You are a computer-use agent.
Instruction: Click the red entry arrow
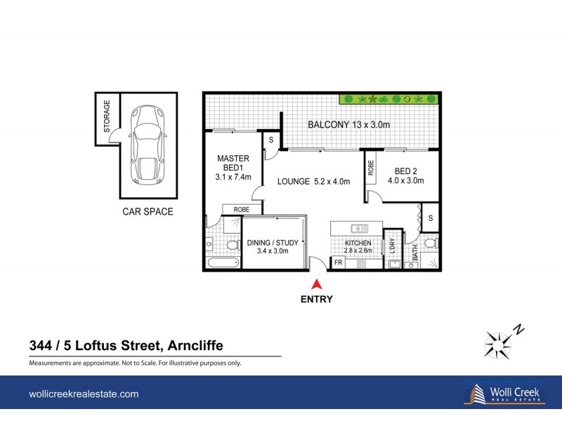(316, 284)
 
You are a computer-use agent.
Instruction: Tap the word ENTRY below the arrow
(316, 299)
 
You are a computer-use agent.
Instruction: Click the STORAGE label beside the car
(107, 117)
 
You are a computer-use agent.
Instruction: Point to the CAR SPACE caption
(148, 211)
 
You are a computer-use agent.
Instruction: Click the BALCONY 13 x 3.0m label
(349, 125)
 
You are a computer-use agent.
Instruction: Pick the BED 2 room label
(408, 175)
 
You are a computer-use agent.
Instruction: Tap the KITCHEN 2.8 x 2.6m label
(358, 246)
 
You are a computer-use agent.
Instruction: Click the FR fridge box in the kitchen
(338, 263)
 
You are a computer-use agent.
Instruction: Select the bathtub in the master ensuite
(223, 263)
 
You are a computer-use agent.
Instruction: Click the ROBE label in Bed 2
(370, 169)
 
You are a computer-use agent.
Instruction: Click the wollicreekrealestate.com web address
(84, 394)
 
